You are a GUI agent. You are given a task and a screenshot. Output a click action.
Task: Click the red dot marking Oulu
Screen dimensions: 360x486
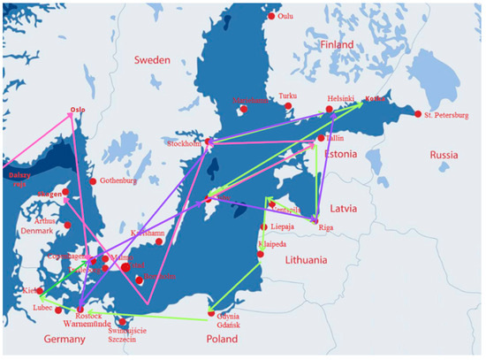[271, 16]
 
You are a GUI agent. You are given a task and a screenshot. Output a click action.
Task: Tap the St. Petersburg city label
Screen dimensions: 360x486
[446, 115]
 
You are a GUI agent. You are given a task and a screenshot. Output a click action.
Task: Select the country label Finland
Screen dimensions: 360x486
[336, 43]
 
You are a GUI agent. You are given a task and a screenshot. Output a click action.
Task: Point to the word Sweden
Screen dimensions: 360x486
[151, 60]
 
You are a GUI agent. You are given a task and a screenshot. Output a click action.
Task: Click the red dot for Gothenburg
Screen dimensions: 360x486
[93, 181]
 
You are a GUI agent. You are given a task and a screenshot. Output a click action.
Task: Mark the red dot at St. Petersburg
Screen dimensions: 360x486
[418, 113]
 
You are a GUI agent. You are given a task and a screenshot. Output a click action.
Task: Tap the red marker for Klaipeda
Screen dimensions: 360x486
[260, 255]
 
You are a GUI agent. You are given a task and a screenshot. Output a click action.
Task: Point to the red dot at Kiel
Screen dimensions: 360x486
[39, 290]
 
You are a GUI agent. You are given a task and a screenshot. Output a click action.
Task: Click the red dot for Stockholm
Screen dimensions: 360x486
[209, 142]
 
